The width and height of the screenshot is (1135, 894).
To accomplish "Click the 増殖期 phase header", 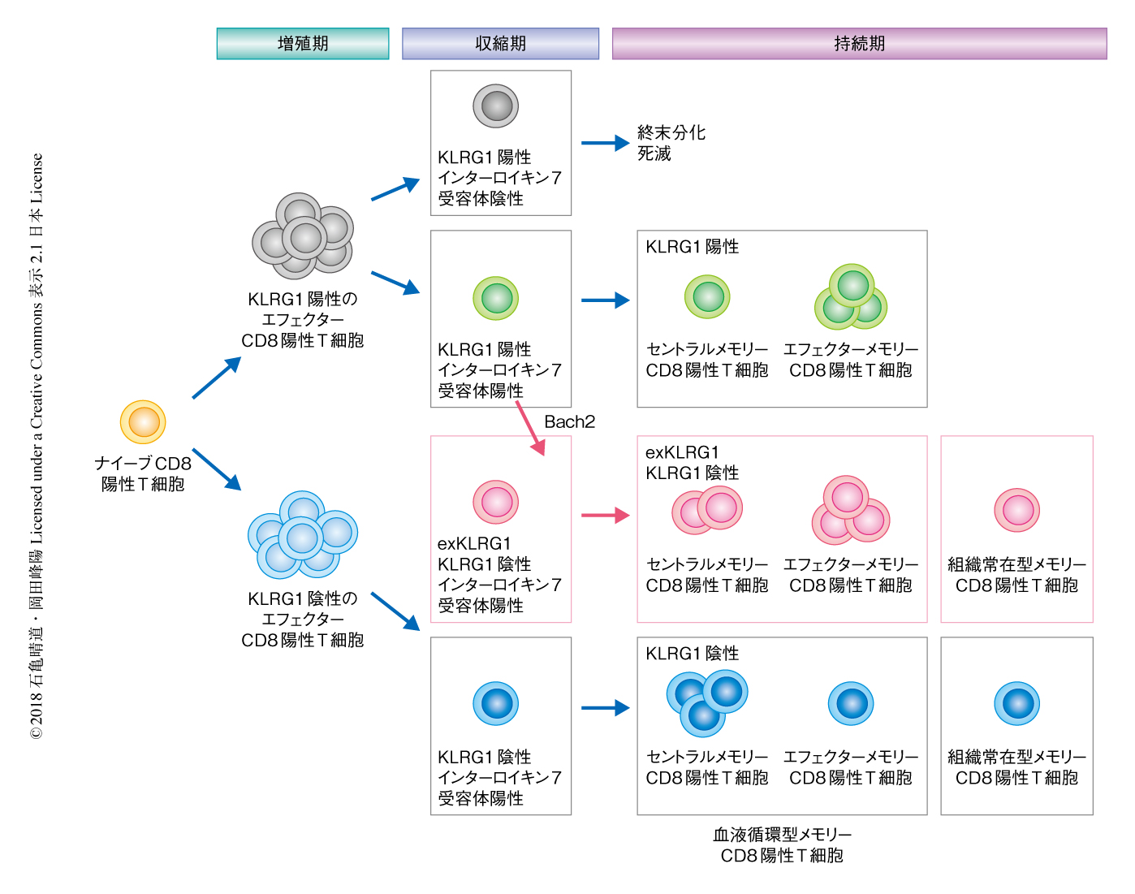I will click(x=303, y=44).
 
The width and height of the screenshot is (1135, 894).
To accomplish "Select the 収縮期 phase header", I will click(x=500, y=44).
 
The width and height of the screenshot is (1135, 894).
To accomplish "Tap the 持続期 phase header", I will click(x=859, y=44).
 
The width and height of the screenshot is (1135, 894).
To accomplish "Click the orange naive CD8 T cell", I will click(x=143, y=422).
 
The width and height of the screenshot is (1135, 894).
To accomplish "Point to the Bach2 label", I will click(x=569, y=422).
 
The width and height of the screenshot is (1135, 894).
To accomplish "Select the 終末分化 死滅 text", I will click(x=671, y=143).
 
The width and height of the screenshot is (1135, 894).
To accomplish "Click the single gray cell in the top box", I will click(x=496, y=106).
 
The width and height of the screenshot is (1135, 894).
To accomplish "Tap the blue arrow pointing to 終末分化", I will click(x=605, y=144).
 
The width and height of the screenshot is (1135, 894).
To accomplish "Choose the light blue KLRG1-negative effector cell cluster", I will click(x=303, y=535).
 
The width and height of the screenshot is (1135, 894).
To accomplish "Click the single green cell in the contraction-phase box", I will click(x=496, y=299).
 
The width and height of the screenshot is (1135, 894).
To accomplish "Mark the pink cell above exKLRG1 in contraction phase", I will click(x=496, y=502).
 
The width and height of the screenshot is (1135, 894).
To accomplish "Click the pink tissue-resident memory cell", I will click(x=1017, y=511).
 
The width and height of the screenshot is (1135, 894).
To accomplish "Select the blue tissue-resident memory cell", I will click(x=1017, y=703).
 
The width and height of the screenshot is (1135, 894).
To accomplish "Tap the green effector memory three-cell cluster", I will click(x=851, y=297).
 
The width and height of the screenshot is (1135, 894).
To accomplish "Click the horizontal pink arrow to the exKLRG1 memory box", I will click(x=605, y=515).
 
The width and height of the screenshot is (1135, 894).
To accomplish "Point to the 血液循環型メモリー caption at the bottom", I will click(x=782, y=845).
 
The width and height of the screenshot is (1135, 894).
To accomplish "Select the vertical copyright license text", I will click(x=37, y=447).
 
